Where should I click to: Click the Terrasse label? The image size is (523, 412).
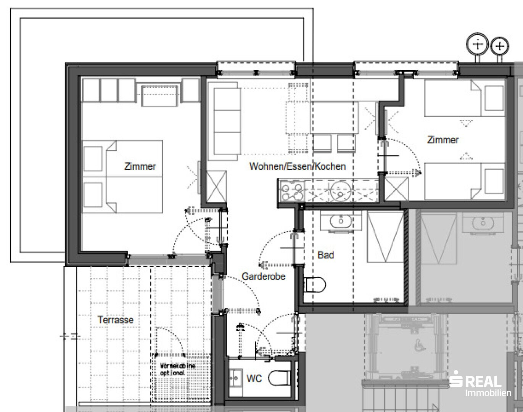116,320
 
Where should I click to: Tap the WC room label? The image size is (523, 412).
254,378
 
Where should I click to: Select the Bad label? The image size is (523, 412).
326,255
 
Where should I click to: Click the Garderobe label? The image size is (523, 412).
264,276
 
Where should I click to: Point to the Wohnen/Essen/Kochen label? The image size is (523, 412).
298,166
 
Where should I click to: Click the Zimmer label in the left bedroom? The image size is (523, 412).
140,166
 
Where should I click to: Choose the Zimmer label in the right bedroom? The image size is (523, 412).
443,140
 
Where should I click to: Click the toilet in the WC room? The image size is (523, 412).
280,378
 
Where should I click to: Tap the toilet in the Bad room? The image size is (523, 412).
315,285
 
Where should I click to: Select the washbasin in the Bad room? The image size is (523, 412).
341,221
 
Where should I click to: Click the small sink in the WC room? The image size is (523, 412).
235,378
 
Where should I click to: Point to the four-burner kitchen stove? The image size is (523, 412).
292,191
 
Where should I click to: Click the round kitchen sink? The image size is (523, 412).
341,191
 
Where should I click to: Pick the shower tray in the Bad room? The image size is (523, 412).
385,237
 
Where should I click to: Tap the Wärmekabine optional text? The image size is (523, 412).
178,369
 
